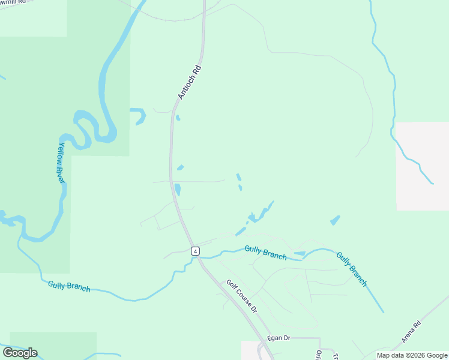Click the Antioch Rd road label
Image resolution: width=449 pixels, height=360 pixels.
pyautogui.click(x=189, y=82)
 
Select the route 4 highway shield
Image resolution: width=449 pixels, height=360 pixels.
pyautogui.click(x=195, y=251)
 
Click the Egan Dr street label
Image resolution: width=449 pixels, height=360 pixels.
pyautogui.click(x=279, y=338)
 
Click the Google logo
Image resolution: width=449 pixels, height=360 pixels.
pyautogui.click(x=20, y=353)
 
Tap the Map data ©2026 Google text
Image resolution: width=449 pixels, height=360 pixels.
pyautogui.click(x=412, y=355)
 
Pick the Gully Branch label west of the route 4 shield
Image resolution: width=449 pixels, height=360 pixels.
pyautogui.click(x=69, y=286)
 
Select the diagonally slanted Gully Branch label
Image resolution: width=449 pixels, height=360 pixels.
pyautogui.click(x=352, y=268)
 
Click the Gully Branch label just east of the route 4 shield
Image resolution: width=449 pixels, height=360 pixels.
pyautogui.click(x=265, y=252)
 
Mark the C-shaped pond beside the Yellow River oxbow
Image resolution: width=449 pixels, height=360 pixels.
pyautogui.click(x=139, y=116)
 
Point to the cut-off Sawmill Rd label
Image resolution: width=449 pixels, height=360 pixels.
pyautogui.click(x=13, y=2)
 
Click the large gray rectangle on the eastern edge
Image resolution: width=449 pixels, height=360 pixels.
pyautogui.click(x=422, y=166)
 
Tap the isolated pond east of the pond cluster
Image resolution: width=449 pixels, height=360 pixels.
pyautogui.click(x=335, y=220)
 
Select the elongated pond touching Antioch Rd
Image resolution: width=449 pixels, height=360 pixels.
pyautogui.click(x=178, y=189)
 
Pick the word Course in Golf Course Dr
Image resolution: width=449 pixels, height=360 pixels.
pyautogui.click(x=243, y=298)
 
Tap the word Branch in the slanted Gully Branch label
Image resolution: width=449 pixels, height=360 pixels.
pyautogui.click(x=358, y=275)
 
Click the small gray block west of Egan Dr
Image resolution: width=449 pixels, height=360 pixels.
pyautogui.click(x=249, y=350)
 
